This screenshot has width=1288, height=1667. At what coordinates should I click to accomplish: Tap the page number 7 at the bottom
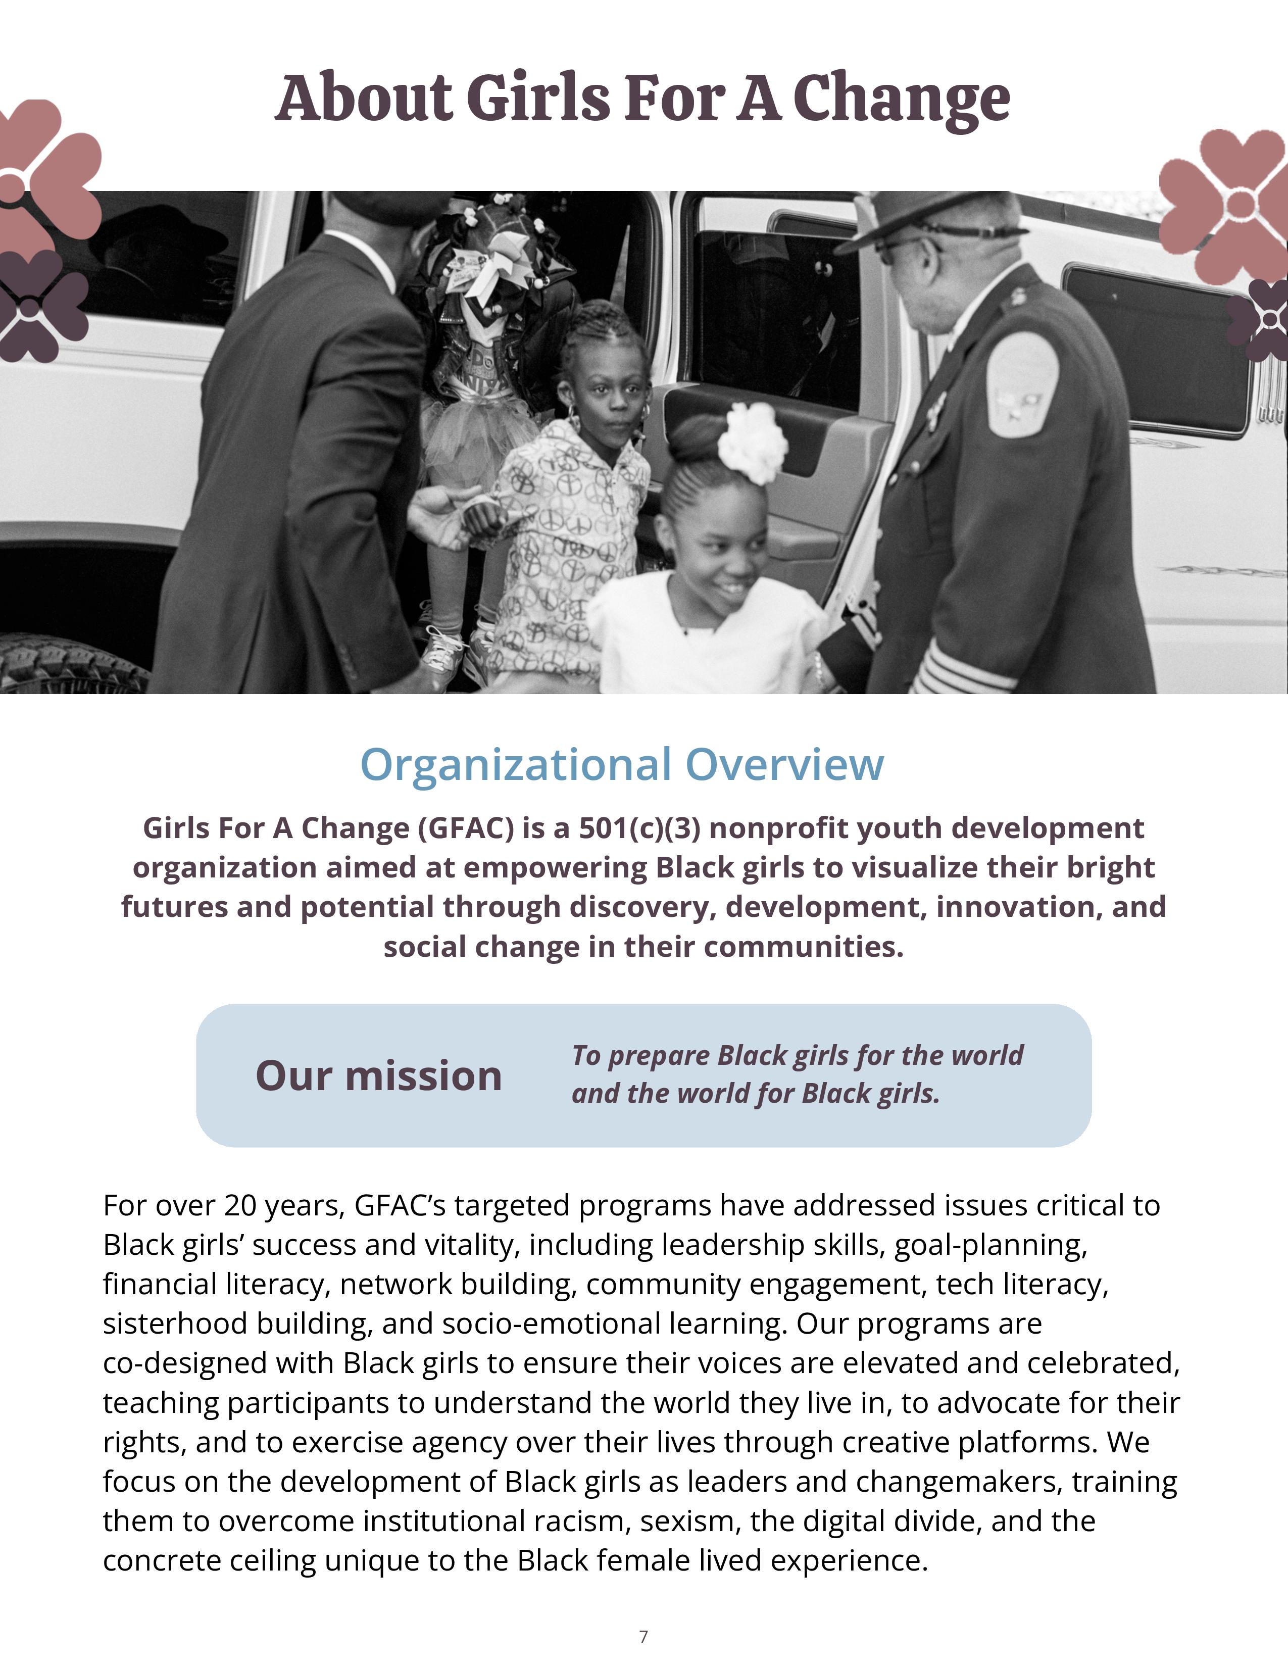(x=643, y=1636)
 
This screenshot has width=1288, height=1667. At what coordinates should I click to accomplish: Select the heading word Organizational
(x=516, y=764)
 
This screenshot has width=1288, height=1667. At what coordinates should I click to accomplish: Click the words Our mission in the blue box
(x=378, y=1075)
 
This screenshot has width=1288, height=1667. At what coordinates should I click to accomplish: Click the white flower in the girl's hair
(x=753, y=442)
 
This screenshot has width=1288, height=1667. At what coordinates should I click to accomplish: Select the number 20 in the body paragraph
(x=241, y=1205)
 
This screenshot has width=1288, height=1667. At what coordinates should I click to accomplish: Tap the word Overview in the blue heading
(x=784, y=764)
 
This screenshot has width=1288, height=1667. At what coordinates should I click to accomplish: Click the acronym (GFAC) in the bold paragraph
(x=466, y=828)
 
